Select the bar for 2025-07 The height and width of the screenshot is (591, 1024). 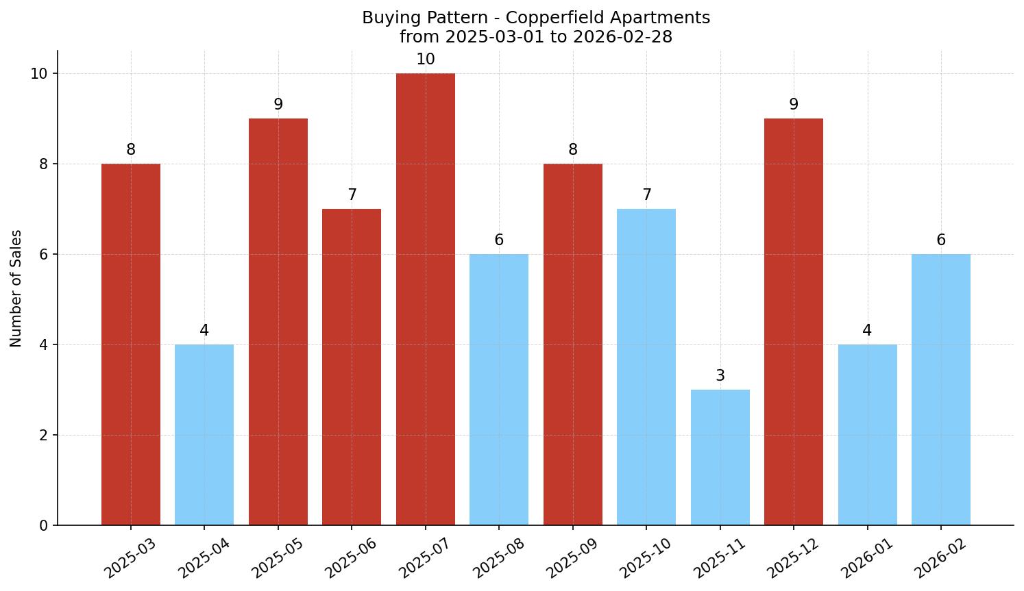(425, 299)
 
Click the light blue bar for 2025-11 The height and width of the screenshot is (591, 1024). (720, 457)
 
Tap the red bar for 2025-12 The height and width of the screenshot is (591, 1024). (793, 322)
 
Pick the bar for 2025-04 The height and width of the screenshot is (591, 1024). (204, 435)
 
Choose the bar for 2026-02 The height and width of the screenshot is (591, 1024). (940, 390)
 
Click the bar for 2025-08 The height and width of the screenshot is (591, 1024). (498, 390)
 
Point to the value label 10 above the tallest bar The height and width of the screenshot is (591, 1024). (425, 60)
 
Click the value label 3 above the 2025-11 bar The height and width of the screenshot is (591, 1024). (720, 376)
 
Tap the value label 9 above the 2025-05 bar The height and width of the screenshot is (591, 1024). (278, 105)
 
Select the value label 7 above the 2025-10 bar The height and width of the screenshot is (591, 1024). (646, 195)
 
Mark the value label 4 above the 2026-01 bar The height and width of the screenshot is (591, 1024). (867, 331)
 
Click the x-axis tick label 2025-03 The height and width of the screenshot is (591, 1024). (130, 558)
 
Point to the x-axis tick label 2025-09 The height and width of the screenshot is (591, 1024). (572, 558)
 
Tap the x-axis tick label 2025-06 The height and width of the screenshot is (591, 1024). (351, 558)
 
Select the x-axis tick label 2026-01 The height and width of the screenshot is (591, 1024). (867, 558)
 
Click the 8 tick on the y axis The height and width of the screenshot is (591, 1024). (43, 164)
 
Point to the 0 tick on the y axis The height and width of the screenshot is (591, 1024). (43, 526)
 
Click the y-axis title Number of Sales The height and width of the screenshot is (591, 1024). (16, 288)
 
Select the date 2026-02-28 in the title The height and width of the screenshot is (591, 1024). (622, 37)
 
